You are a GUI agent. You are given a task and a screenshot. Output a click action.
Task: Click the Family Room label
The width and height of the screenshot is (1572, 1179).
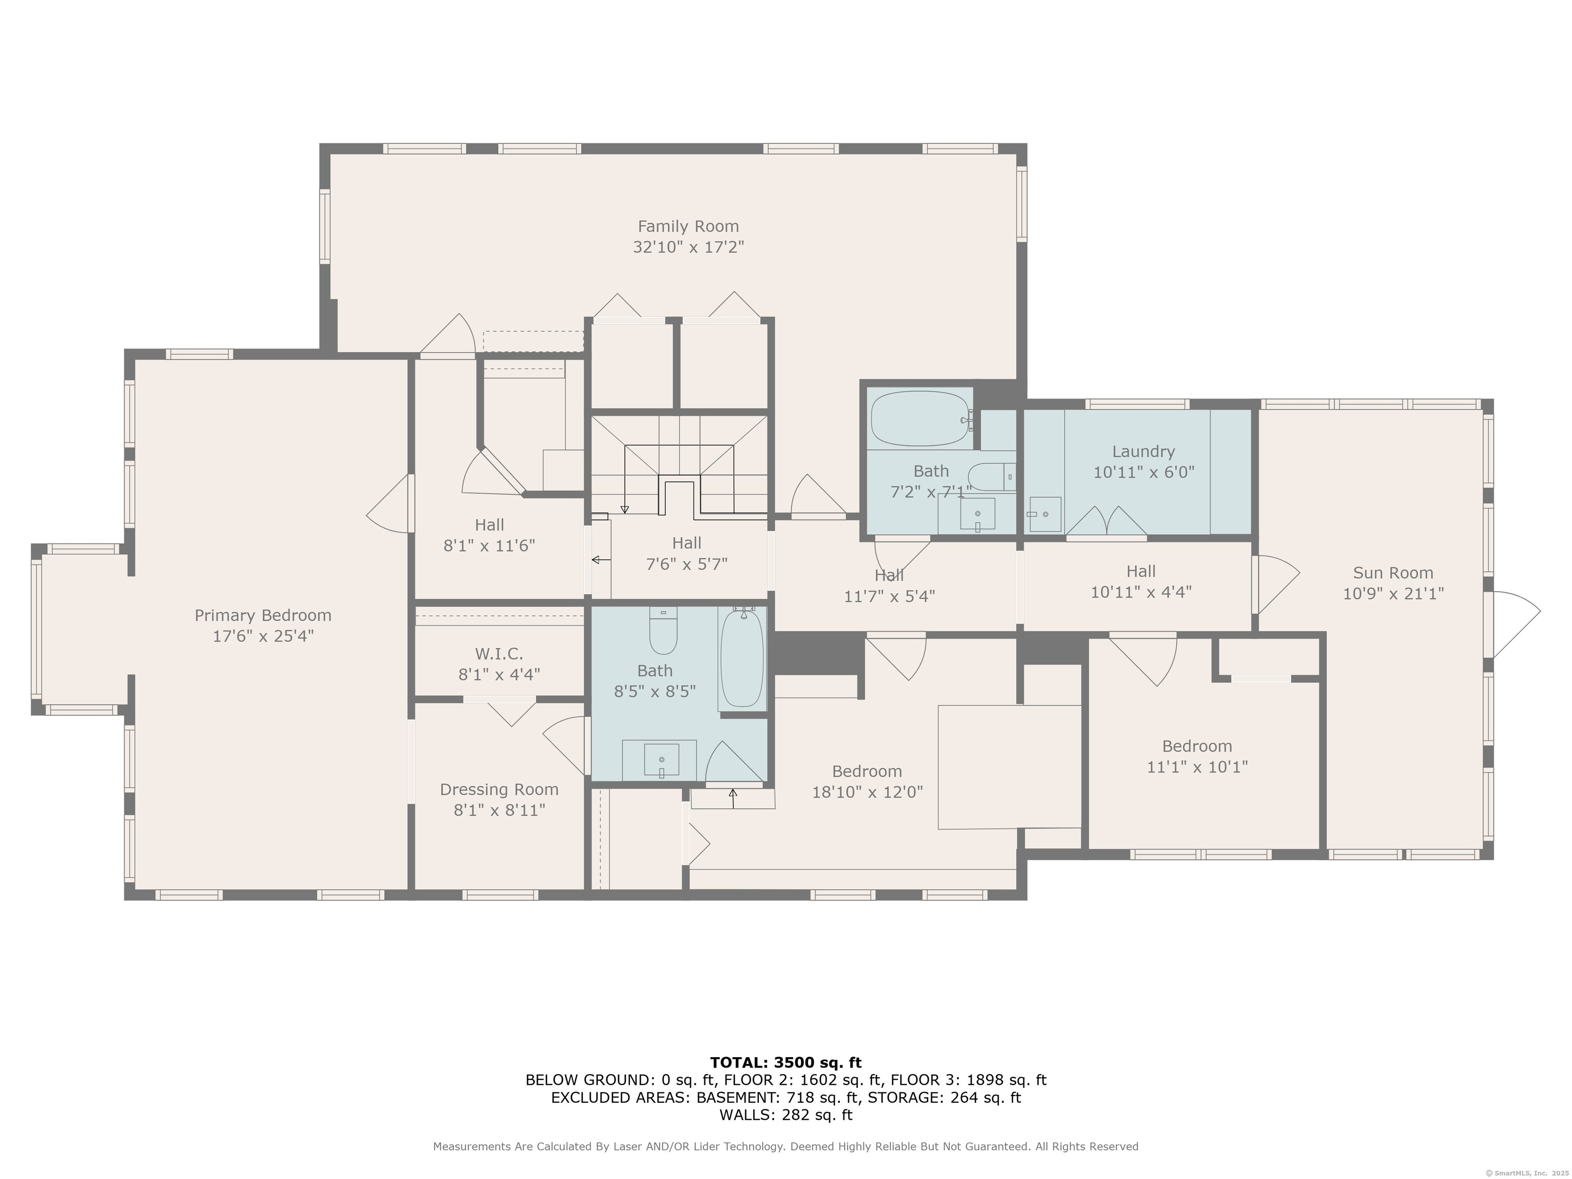coord(688,227)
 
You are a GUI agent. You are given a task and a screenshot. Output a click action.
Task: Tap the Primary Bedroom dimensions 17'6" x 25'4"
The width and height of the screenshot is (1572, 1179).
coord(263,636)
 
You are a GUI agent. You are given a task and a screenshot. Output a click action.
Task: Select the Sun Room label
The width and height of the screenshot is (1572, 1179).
coord(1393,573)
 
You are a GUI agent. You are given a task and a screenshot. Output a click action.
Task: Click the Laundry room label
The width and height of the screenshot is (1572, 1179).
coord(1144,452)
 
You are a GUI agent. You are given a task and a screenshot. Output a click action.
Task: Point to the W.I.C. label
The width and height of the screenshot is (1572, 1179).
coord(499,654)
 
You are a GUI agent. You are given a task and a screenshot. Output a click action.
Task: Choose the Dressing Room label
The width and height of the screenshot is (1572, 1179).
coord(499,790)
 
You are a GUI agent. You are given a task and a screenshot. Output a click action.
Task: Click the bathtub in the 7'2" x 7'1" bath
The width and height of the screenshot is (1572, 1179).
coord(922,419)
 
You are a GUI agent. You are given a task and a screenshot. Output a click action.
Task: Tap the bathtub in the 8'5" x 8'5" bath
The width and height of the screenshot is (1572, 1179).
coord(742,658)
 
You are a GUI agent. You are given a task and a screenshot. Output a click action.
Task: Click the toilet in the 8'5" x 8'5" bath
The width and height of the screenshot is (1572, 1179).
coord(663,630)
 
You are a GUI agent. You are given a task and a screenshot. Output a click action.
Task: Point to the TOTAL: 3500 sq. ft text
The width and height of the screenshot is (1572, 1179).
coord(786,1062)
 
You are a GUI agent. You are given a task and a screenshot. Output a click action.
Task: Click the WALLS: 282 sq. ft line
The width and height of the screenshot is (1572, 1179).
coord(786,1115)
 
